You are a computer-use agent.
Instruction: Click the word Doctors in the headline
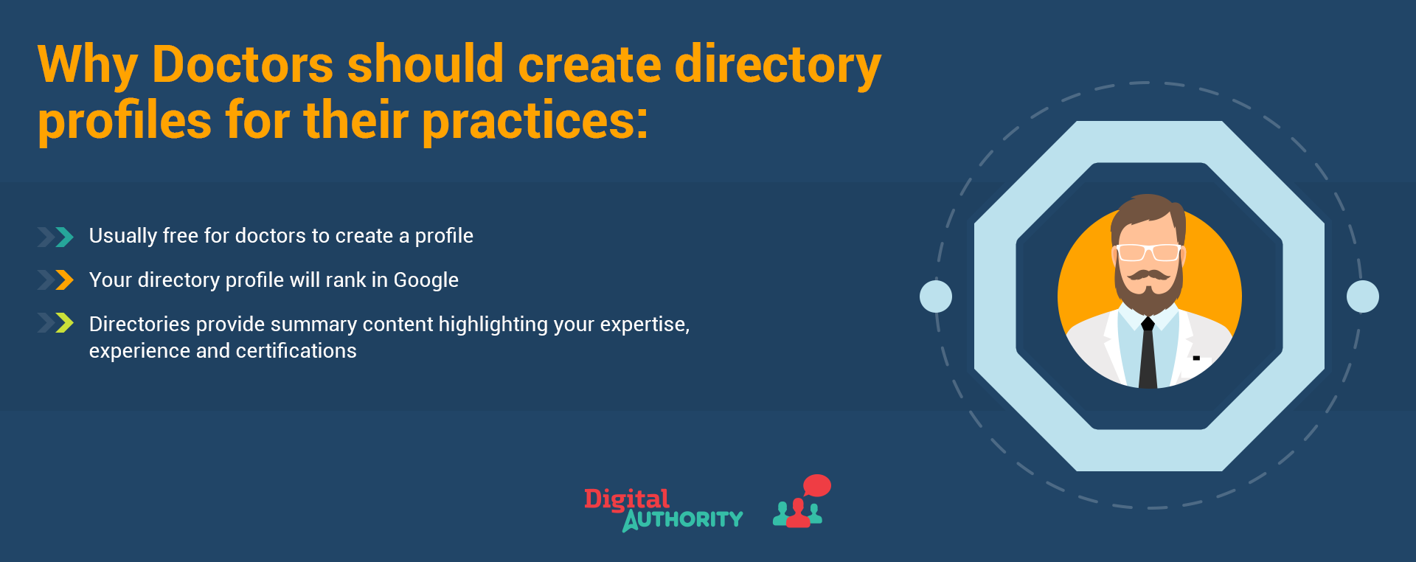(243, 64)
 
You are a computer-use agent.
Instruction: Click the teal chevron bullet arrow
(65, 237)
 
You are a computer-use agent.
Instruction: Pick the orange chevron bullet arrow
(65, 280)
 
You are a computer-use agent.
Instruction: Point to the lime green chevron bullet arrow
(65, 323)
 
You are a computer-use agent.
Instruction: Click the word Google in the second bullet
(426, 281)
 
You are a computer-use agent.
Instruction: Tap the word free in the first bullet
(180, 235)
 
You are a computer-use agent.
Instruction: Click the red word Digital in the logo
(627, 499)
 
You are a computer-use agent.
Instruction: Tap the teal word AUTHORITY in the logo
(683, 519)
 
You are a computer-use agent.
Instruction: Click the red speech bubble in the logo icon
(817, 486)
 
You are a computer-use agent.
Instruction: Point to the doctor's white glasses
(1148, 252)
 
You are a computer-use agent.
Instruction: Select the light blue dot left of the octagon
(936, 296)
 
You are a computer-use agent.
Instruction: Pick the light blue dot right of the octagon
(1363, 296)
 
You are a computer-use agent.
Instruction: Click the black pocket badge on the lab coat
(1196, 358)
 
